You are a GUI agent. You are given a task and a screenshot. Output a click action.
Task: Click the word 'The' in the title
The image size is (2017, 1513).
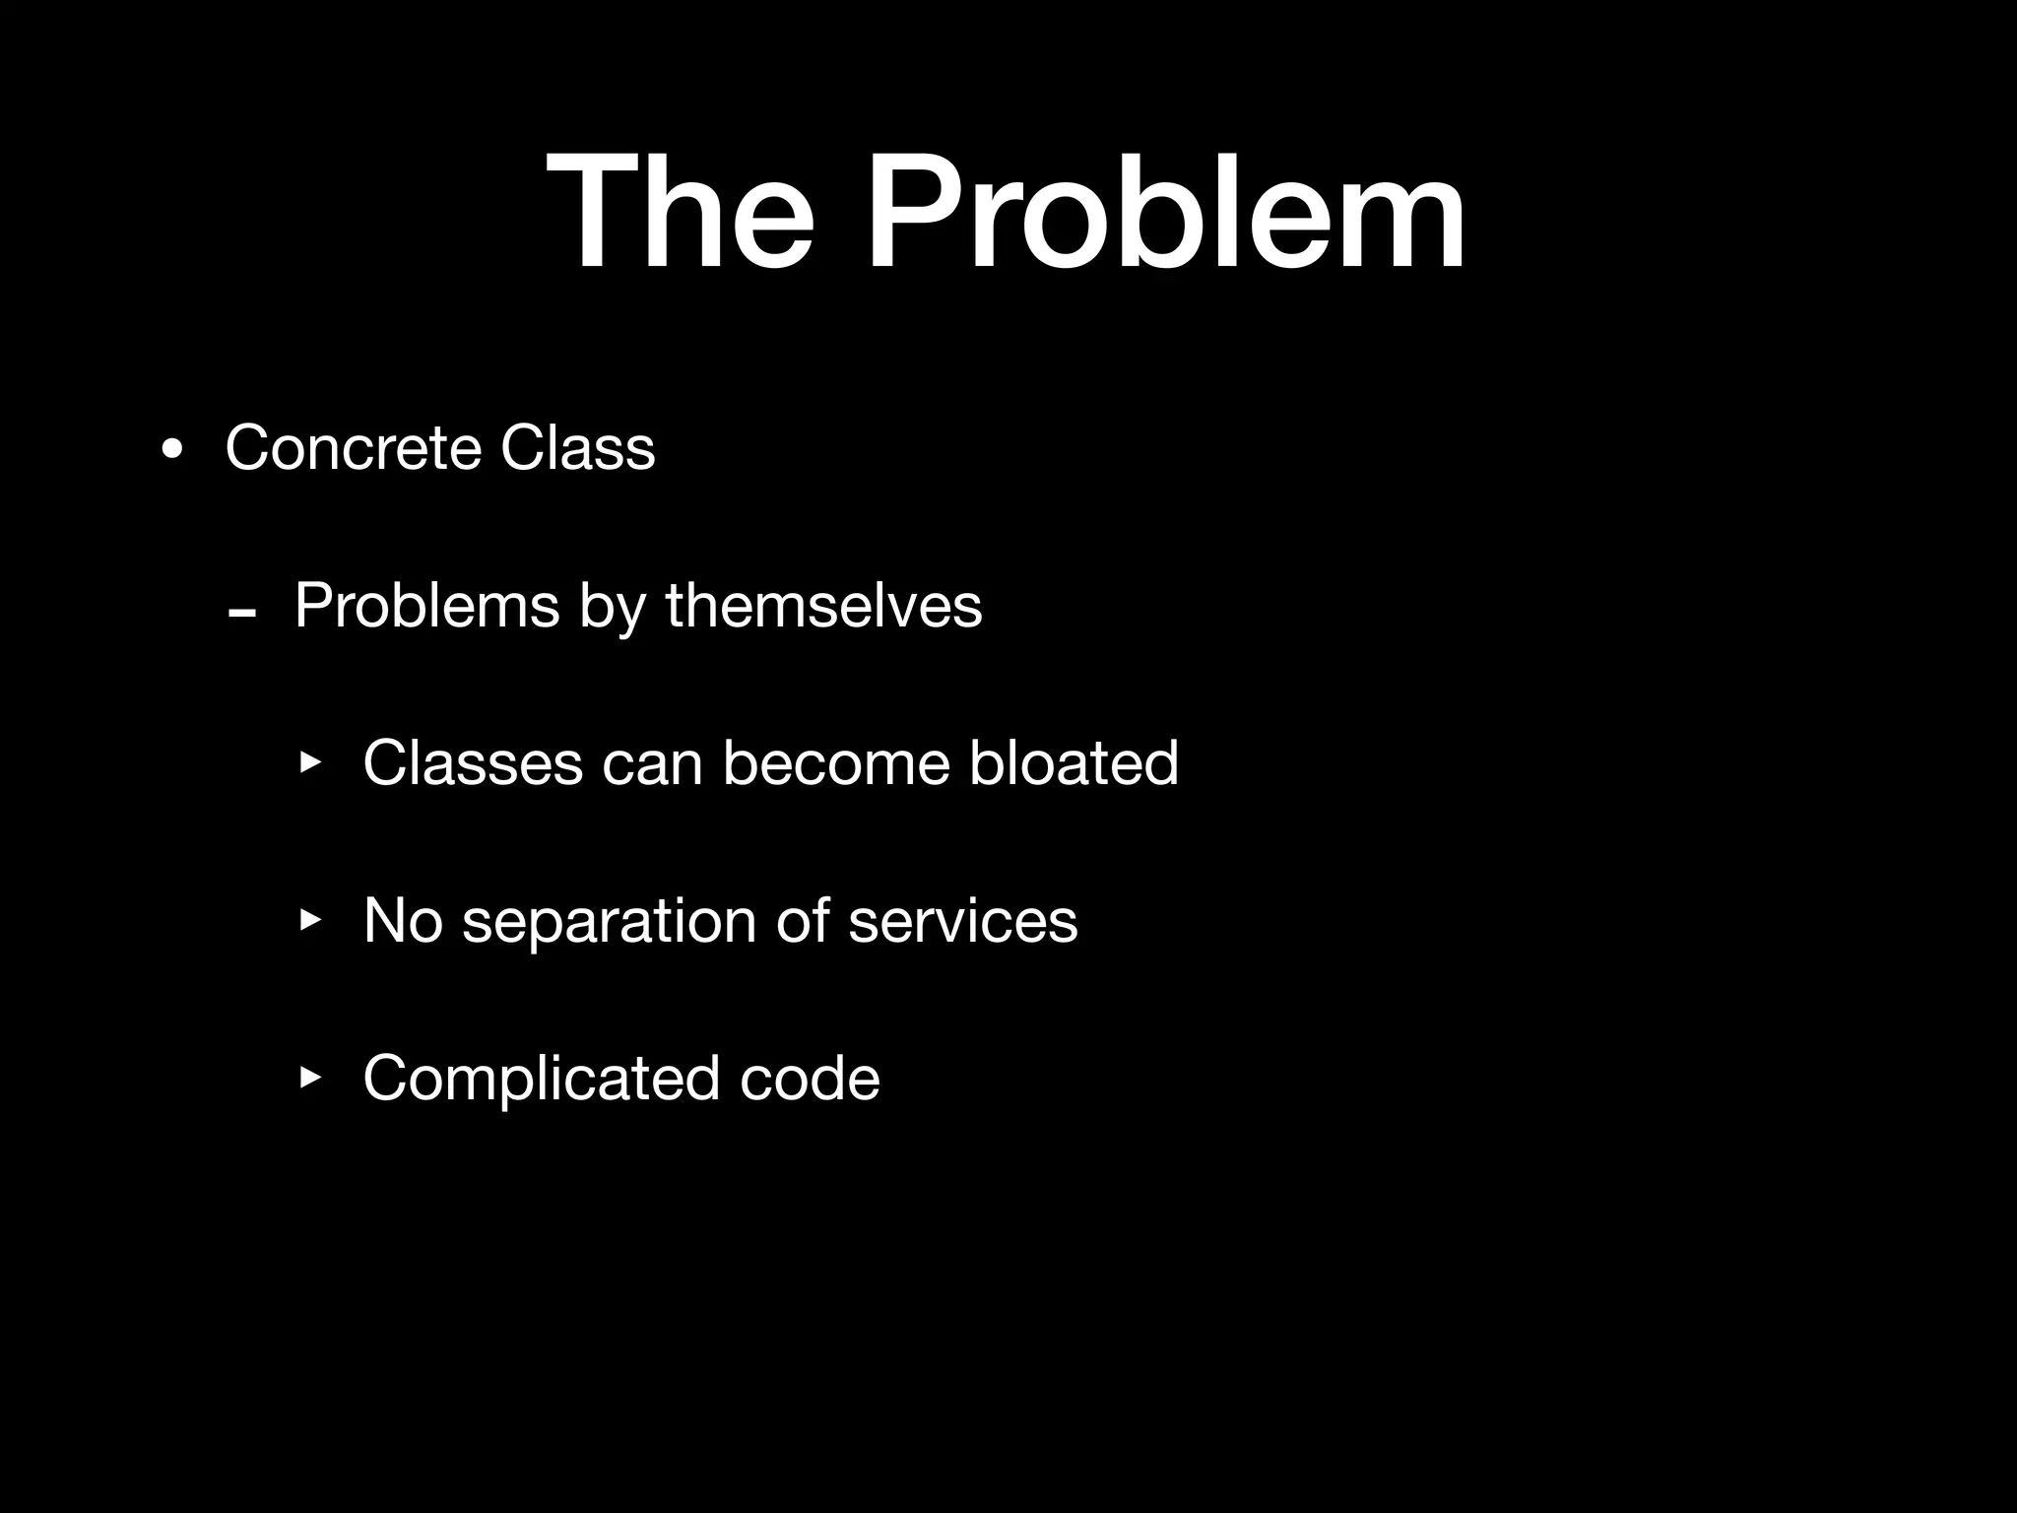click(680, 212)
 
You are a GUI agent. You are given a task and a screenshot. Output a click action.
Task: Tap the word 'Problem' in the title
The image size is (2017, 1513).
click(1166, 212)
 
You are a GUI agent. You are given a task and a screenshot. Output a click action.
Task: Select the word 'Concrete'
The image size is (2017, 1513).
click(353, 448)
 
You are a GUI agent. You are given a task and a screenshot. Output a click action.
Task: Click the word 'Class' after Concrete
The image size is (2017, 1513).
click(577, 448)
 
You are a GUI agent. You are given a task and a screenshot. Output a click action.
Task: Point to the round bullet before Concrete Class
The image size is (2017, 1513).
click(172, 451)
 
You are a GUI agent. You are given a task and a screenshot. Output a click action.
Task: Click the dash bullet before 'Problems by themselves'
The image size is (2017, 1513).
click(241, 614)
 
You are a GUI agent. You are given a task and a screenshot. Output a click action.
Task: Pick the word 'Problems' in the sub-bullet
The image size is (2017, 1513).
click(426, 605)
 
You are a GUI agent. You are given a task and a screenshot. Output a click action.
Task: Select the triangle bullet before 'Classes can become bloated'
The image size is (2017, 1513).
click(311, 762)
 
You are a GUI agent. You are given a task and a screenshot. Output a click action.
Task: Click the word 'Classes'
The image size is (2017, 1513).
click(473, 762)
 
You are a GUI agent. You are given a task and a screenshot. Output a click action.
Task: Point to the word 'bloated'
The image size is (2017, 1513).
click(1074, 762)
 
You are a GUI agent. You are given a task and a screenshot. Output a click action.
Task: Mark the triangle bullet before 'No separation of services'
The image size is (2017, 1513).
click(311, 920)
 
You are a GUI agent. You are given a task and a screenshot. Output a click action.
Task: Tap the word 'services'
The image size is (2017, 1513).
click(962, 922)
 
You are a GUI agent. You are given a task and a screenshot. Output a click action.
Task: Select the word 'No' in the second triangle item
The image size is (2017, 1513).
click(402, 920)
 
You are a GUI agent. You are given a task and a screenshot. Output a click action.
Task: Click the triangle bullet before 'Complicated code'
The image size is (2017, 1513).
click(311, 1078)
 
